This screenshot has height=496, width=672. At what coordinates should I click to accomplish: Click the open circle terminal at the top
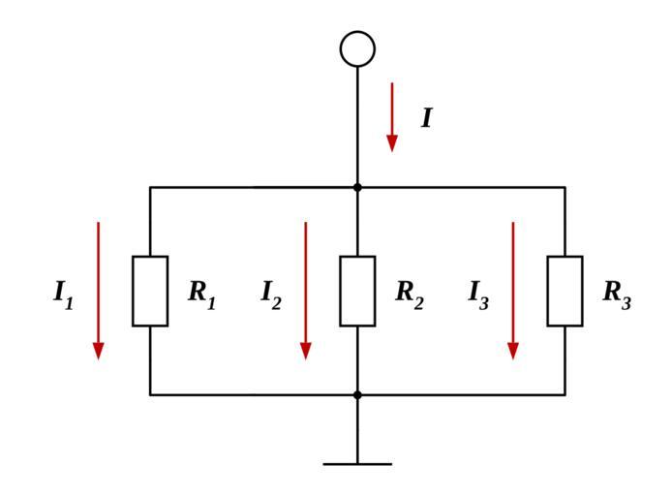click(357, 48)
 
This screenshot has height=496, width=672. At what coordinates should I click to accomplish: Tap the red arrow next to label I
click(392, 116)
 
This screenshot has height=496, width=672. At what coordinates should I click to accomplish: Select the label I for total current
click(426, 118)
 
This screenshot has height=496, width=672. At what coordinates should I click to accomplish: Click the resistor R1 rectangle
click(150, 291)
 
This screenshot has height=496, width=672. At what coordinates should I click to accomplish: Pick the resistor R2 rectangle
click(357, 291)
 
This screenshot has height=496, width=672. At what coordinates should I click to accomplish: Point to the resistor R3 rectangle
click(565, 291)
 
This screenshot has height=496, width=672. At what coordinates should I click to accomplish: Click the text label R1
click(201, 293)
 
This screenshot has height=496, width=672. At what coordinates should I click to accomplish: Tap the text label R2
click(409, 293)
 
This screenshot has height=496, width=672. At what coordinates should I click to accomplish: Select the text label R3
click(617, 293)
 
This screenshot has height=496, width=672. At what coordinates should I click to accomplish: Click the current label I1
click(63, 294)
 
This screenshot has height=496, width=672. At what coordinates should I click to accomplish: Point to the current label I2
click(271, 294)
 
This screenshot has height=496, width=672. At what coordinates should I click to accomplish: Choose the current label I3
click(478, 294)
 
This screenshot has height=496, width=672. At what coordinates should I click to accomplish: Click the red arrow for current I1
click(98, 291)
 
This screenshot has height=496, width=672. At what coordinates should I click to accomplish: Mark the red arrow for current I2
click(305, 291)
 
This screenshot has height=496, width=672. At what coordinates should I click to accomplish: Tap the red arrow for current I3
click(513, 291)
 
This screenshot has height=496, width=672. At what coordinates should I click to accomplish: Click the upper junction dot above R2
click(357, 187)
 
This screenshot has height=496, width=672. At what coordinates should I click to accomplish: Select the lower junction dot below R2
click(357, 394)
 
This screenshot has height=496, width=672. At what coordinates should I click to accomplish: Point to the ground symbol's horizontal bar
click(357, 464)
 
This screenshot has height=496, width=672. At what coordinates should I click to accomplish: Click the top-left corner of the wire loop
click(150, 187)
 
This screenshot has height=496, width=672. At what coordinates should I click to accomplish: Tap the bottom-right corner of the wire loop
click(565, 394)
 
